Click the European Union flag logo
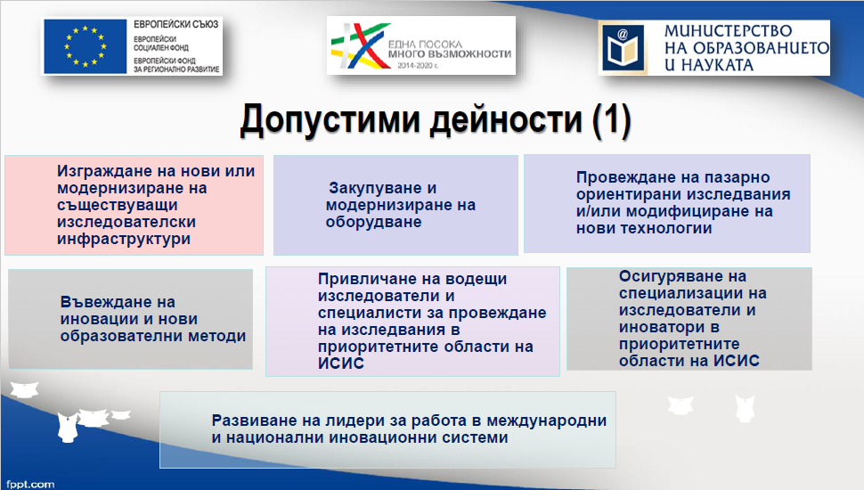(x=86, y=46)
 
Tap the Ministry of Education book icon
(x=624, y=48)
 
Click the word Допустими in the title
(x=330, y=120)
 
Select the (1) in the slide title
(x=611, y=119)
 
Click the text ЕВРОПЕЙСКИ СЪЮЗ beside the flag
(x=175, y=24)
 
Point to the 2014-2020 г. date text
(x=418, y=66)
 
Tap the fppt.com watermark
(x=30, y=484)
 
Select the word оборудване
(x=373, y=222)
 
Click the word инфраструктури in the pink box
(x=124, y=240)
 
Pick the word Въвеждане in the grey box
(x=118, y=302)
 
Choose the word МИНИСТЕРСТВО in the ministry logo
(x=728, y=31)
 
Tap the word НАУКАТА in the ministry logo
(x=717, y=65)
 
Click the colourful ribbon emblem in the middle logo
(x=359, y=45)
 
